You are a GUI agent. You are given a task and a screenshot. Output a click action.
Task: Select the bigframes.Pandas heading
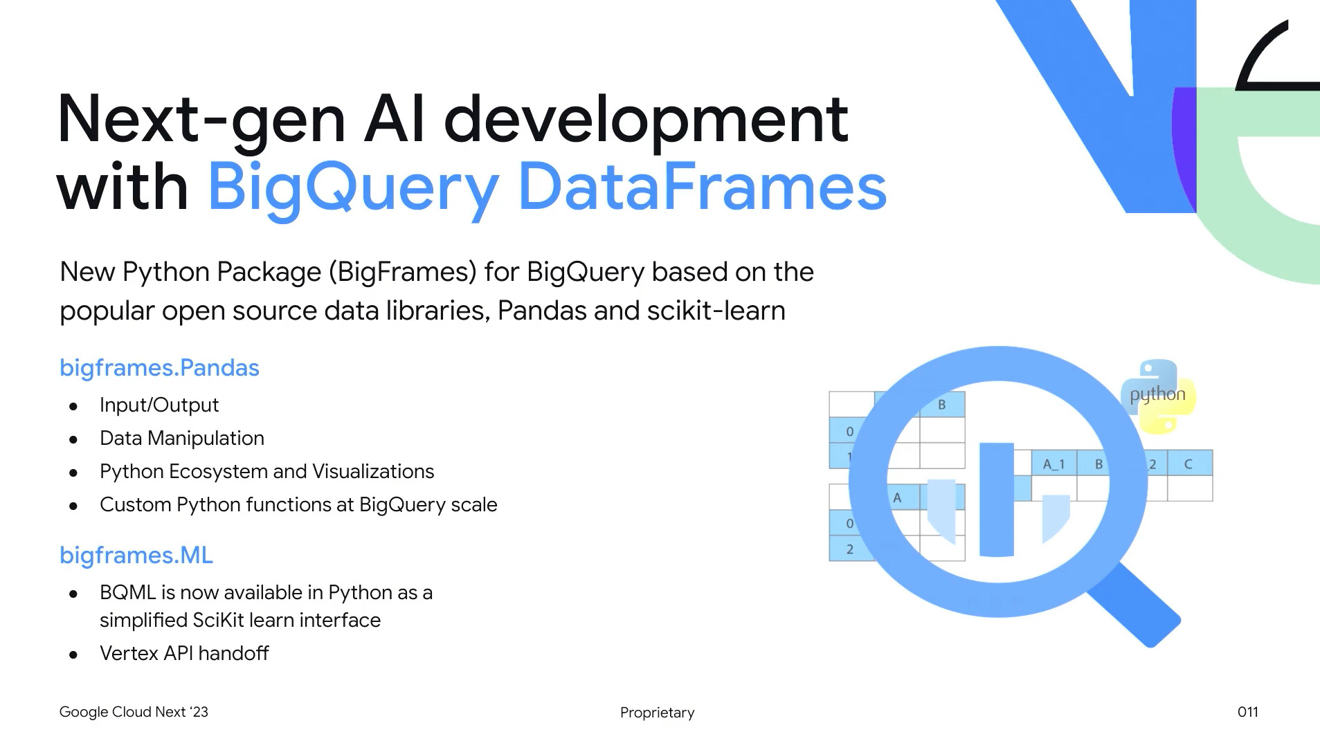[159, 367]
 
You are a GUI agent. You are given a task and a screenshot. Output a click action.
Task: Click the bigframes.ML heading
[136, 555]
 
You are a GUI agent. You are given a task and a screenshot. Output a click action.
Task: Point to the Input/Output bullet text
[159, 405]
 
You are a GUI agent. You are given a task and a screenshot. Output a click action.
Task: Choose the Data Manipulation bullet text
[182, 438]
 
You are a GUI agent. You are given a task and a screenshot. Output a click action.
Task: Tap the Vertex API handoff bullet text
[184, 653]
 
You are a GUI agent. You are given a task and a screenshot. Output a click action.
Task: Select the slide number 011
[1247, 712]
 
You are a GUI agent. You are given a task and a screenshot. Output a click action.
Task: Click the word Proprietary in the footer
[657, 713]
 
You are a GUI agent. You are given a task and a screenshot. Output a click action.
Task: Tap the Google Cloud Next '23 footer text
[134, 712]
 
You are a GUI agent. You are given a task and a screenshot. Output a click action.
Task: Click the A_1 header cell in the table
[1054, 464]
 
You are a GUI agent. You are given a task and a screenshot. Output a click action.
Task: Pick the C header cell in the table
[1188, 464]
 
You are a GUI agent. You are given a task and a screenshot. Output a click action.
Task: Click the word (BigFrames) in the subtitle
[403, 272]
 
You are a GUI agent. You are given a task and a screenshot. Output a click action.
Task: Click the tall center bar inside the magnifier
[997, 499]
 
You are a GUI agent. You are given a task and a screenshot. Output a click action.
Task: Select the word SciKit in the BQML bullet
[219, 620]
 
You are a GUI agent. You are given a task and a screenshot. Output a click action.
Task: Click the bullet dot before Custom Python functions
[73, 506]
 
